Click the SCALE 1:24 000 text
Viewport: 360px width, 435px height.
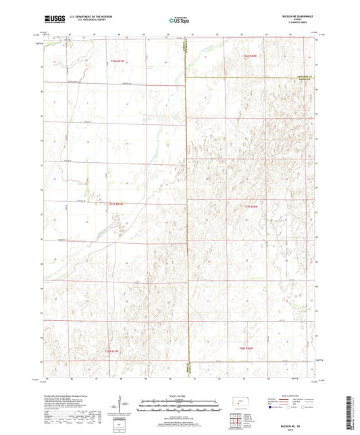pos(180,396)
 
